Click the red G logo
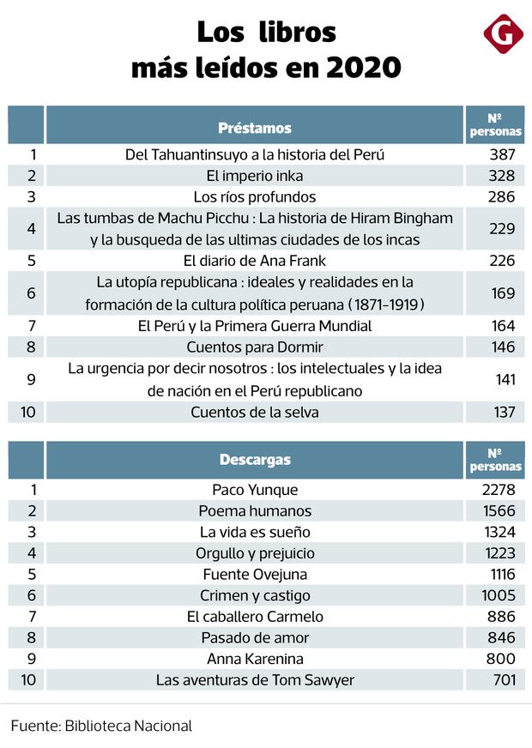pos(503,34)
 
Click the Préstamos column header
pos(255,128)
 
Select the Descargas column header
pos(255,459)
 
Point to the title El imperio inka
pos(255,176)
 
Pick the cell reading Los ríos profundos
pos(255,196)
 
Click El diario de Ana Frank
pos(255,260)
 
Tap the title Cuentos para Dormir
pos(255,347)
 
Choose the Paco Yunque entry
pos(255,490)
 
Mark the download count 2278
pos(494,490)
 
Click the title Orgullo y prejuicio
pos(255,553)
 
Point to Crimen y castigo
pos(255,595)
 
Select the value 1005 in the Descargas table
pos(494,595)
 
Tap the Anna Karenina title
pos(255,659)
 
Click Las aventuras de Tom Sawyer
pos(255,680)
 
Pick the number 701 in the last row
pos(498,680)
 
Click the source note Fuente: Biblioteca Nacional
pos(101,726)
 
